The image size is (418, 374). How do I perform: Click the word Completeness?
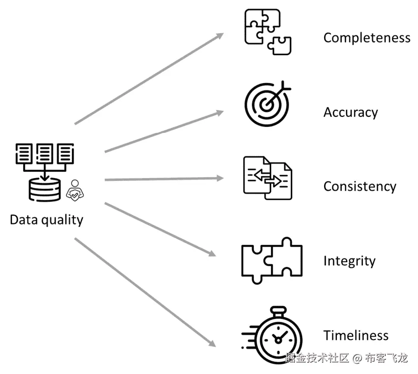tap(367, 38)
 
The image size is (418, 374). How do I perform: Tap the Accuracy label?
tap(350, 113)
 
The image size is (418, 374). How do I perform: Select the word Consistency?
tap(359, 186)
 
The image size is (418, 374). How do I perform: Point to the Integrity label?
tap(349, 261)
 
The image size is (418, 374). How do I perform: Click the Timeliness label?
tap(356, 335)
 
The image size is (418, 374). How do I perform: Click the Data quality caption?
tap(47, 220)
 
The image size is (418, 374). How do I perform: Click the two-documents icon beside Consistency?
tap(267, 178)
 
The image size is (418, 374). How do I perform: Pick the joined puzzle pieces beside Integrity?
tap(271, 260)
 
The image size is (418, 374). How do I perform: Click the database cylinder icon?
tap(44, 190)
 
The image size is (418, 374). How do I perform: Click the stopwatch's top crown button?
tap(278, 310)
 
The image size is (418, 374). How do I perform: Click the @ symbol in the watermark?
tap(357, 358)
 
